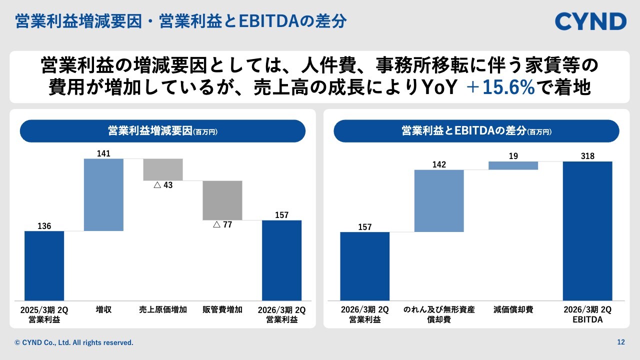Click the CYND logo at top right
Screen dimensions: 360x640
point(590,21)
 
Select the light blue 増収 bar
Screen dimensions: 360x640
point(103,194)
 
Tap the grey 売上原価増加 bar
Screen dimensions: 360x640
point(163,169)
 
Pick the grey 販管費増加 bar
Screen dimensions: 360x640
point(222,200)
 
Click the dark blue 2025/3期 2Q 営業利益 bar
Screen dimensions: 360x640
point(44,265)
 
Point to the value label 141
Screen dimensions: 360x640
point(103,153)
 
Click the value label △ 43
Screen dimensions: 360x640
point(163,185)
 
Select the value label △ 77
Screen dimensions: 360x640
point(222,225)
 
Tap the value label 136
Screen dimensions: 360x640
point(44,226)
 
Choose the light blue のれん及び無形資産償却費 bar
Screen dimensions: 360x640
point(439,201)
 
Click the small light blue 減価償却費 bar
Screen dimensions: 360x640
point(513,165)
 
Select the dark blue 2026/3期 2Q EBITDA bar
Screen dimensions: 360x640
point(587,230)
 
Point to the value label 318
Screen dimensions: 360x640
point(587,156)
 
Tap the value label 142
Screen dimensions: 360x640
point(439,164)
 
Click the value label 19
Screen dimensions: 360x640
point(513,156)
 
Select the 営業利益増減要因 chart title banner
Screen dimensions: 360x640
point(162,131)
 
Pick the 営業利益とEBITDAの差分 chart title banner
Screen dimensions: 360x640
point(476,131)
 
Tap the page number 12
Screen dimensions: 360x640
point(621,342)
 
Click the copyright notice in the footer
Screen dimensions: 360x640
point(74,343)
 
